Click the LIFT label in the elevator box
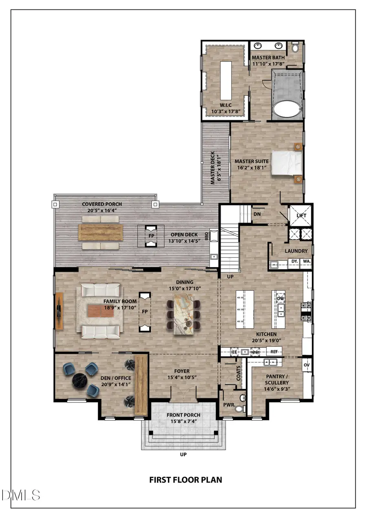pyautogui.click(x=301, y=215)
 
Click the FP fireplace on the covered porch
pyautogui.click(x=150, y=236)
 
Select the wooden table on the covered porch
pyautogui.click(x=100, y=232)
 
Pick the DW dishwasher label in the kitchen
pyautogui.click(x=280, y=298)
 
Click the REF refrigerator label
pyautogui.click(x=274, y=351)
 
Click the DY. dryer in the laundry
pyautogui.click(x=294, y=261)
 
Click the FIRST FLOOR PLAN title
pyautogui.click(x=186, y=479)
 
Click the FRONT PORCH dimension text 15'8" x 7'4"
pyautogui.click(x=183, y=421)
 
